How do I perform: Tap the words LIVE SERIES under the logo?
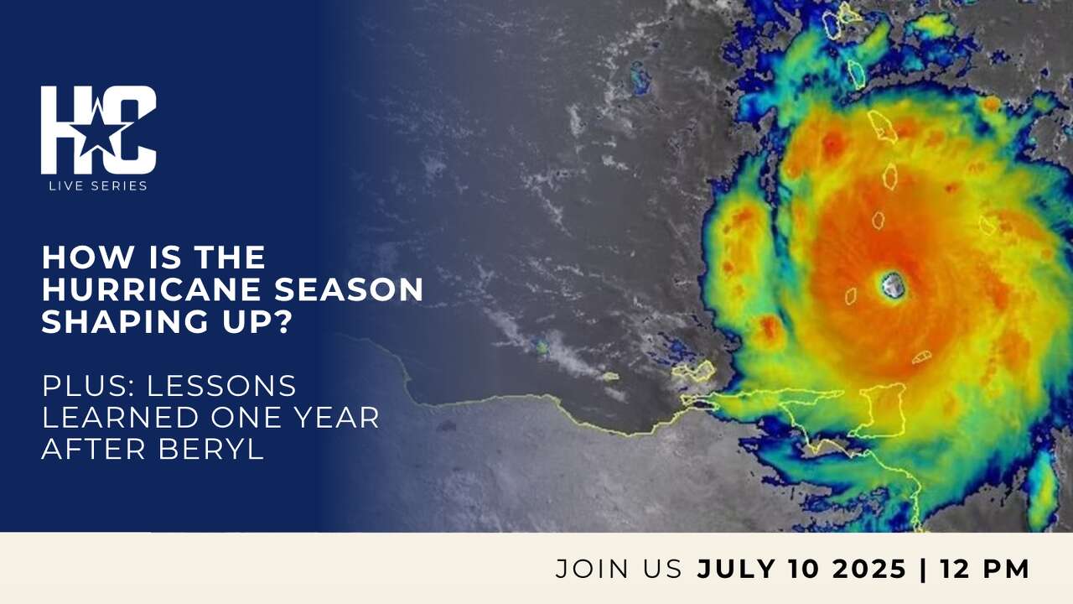[98, 185]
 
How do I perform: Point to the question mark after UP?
[281, 322]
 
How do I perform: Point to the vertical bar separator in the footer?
[924, 569]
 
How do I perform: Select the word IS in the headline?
[155, 258]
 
